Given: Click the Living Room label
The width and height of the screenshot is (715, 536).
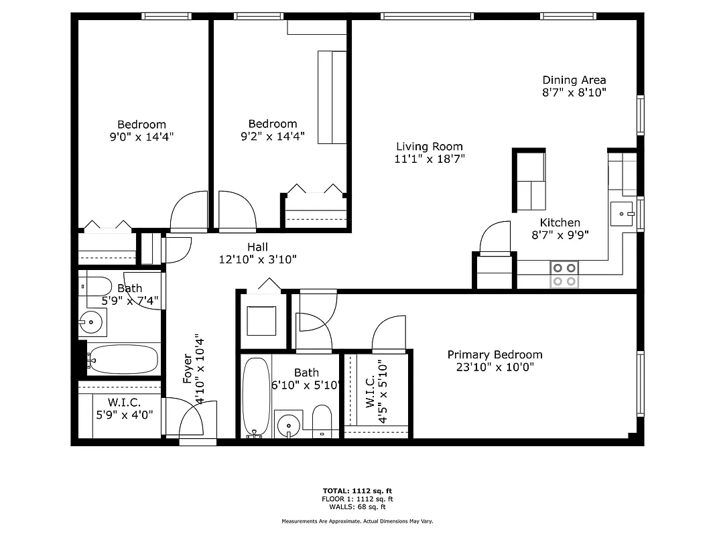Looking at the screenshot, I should pyautogui.click(x=429, y=147).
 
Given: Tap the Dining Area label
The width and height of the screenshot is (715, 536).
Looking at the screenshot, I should pyautogui.click(x=574, y=80).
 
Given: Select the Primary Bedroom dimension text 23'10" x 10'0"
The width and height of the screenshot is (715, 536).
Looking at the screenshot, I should pyautogui.click(x=495, y=367).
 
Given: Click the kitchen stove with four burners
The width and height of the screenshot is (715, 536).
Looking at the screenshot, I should pyautogui.click(x=564, y=274).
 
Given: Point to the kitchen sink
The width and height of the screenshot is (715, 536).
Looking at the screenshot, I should pyautogui.click(x=623, y=214).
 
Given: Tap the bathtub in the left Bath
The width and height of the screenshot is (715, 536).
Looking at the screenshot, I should pyautogui.click(x=123, y=360).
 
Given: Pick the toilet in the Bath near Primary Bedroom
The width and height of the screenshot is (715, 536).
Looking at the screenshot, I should pyautogui.click(x=322, y=421).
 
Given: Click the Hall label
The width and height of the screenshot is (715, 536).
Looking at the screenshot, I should pyautogui.click(x=257, y=247).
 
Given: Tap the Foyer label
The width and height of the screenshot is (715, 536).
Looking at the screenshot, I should pyautogui.click(x=188, y=369).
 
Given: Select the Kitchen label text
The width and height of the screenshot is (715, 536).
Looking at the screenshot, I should pyautogui.click(x=560, y=223).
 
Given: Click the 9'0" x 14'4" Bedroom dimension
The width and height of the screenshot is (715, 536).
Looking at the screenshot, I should pyautogui.click(x=141, y=137).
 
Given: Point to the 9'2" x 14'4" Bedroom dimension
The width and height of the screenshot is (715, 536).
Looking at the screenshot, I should pyautogui.click(x=272, y=136).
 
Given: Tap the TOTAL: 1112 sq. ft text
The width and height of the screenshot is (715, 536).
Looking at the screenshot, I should pyautogui.click(x=356, y=490).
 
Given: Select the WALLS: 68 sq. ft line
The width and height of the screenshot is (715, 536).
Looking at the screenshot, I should pyautogui.click(x=356, y=507).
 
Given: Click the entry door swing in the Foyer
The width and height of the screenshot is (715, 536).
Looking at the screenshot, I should pyautogui.click(x=194, y=419).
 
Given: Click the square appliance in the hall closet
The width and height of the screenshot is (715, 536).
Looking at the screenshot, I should pyautogui.click(x=261, y=321).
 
